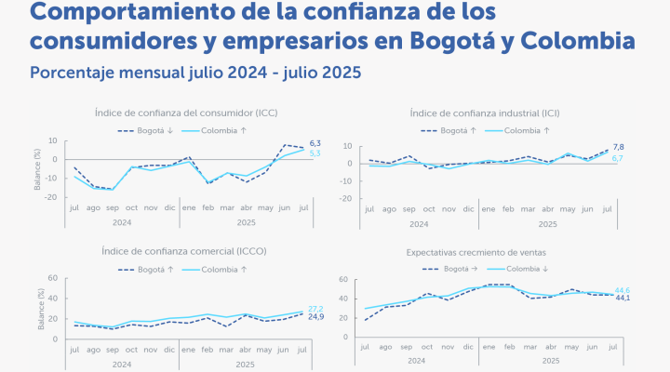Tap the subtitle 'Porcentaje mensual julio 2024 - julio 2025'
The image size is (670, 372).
pos(195,72)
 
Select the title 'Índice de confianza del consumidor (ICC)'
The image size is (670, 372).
pos(186,113)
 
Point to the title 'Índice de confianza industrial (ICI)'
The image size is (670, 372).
pos(484,113)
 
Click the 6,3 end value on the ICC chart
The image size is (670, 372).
pos(315,142)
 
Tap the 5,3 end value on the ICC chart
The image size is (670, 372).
pos(315,153)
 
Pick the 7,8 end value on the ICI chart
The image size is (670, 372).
pos(618,147)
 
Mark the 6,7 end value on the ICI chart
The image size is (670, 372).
pos(618,159)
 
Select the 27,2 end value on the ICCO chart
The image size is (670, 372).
pos(315,309)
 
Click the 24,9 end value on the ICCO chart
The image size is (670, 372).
pos(315,318)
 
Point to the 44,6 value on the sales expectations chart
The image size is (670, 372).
pos(623,290)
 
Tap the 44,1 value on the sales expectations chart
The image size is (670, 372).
pos(623,299)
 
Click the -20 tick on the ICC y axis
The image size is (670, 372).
pos(51,197)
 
